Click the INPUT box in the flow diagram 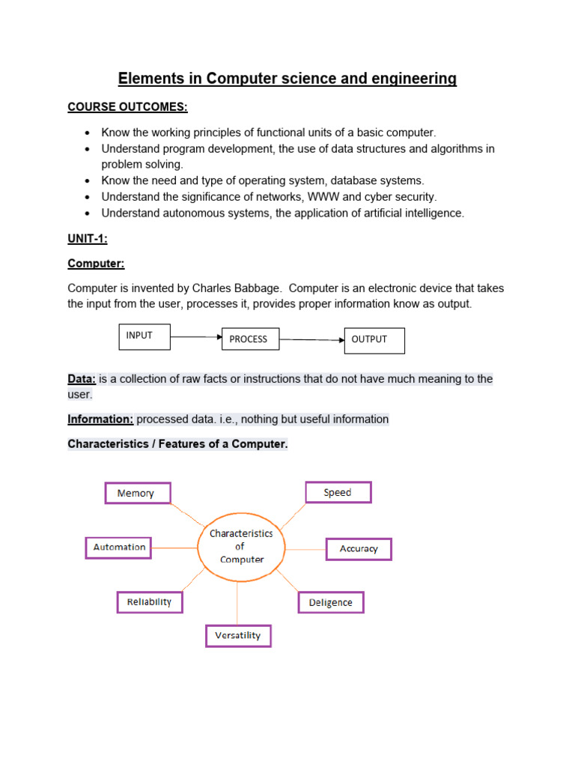coord(144,337)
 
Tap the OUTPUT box coord(374,340)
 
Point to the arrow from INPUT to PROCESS coord(196,337)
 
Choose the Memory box coord(136,493)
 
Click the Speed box coord(338,492)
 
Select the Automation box coord(119,548)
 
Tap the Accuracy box coord(359,549)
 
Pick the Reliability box coord(150,602)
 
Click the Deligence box coord(331,603)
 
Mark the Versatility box coord(238,636)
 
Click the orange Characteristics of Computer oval coord(241,547)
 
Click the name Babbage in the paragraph coord(261,288)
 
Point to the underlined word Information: coord(100,419)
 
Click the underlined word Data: coord(82,379)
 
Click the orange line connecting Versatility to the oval coord(238,603)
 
